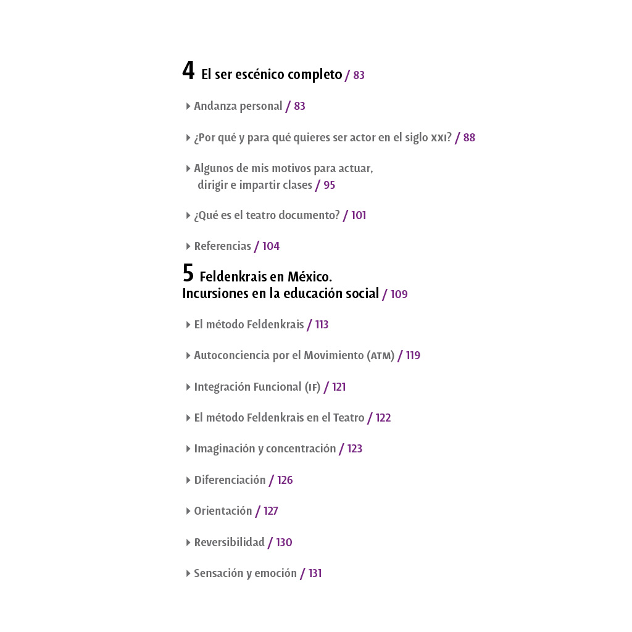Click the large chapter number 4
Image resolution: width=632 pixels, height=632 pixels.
click(188, 71)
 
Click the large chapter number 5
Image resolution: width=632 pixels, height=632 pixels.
click(188, 273)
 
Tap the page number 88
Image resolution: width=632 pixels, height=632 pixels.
click(469, 138)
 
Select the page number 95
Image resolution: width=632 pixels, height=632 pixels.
click(330, 185)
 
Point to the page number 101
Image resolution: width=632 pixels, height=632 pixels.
click(359, 215)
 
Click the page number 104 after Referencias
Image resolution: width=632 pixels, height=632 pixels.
click(271, 246)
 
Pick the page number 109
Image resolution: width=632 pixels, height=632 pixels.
click(399, 294)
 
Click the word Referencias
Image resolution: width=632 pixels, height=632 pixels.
click(222, 246)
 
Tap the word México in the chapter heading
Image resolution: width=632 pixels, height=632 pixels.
click(309, 277)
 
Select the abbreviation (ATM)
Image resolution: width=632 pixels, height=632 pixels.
click(381, 356)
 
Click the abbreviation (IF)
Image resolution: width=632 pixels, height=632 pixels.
click(312, 388)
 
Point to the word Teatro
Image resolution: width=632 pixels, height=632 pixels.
click(349, 418)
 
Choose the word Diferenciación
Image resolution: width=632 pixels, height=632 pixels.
click(230, 480)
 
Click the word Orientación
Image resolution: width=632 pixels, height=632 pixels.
click(223, 511)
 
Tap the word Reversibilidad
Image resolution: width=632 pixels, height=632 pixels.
click(229, 543)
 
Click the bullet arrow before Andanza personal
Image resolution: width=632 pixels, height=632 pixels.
click(188, 106)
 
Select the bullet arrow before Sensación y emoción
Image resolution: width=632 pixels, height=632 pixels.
click(188, 573)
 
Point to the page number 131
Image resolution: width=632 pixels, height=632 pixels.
click(315, 573)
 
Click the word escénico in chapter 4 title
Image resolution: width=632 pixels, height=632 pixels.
click(260, 75)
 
